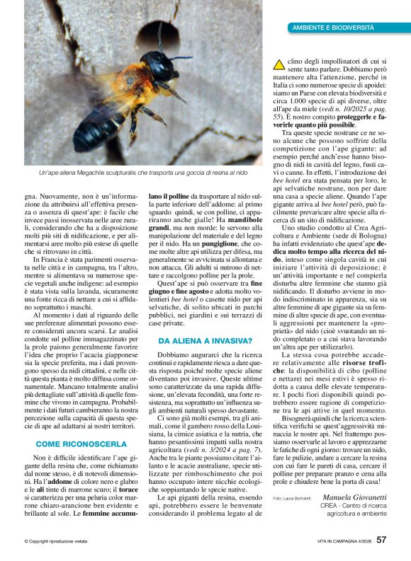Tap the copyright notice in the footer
pos(57,540)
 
